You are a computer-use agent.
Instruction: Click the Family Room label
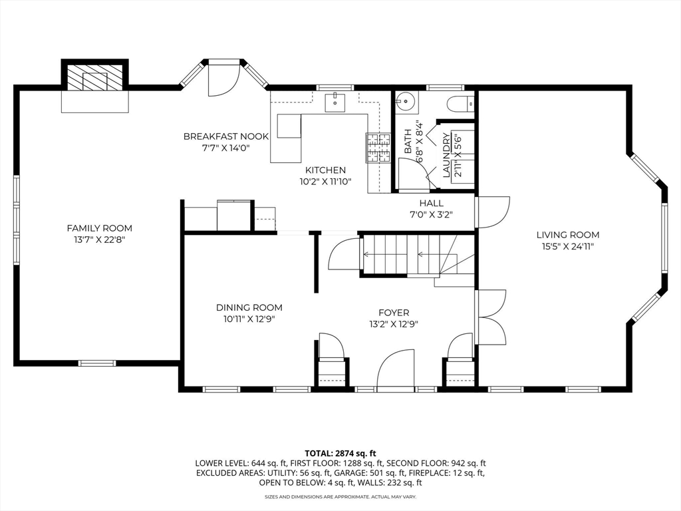tap(99, 228)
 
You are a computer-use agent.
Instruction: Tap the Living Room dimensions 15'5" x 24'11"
tap(568, 247)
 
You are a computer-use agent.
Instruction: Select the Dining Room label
tap(249, 307)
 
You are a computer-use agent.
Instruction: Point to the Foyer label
tap(394, 313)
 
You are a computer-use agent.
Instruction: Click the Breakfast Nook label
tap(226, 136)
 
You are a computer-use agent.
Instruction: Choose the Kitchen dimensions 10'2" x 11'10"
tap(325, 181)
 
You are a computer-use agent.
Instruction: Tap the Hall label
tap(431, 203)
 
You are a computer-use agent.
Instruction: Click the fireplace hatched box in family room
tap(94, 77)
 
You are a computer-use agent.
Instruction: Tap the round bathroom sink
tap(404, 102)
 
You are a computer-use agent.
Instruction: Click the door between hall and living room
tap(491, 212)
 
